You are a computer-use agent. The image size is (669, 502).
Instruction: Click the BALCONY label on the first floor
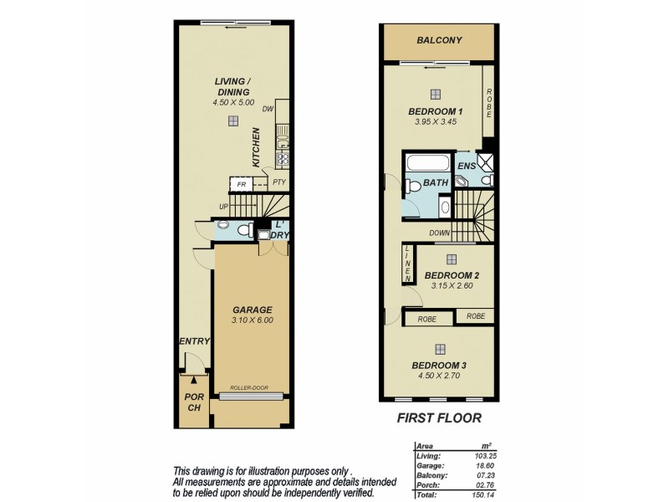click(439, 40)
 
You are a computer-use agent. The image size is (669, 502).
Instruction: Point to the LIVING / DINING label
click(232, 86)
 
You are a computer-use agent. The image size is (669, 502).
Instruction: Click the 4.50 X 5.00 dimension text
click(232, 102)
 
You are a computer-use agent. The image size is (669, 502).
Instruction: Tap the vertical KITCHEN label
click(257, 146)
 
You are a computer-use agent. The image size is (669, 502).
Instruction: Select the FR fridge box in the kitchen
click(241, 184)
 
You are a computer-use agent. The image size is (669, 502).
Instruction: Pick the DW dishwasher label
click(268, 109)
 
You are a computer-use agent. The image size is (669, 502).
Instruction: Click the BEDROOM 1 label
click(435, 112)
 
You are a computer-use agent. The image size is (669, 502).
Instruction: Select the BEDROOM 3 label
click(439, 366)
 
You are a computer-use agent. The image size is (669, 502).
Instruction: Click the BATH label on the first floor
click(435, 182)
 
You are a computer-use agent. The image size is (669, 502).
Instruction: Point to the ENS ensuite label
click(466, 166)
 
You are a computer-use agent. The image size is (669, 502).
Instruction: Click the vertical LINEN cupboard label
click(408, 262)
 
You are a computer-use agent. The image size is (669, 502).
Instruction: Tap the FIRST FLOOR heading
click(439, 417)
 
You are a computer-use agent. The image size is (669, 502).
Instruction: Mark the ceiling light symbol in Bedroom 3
click(440, 349)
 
